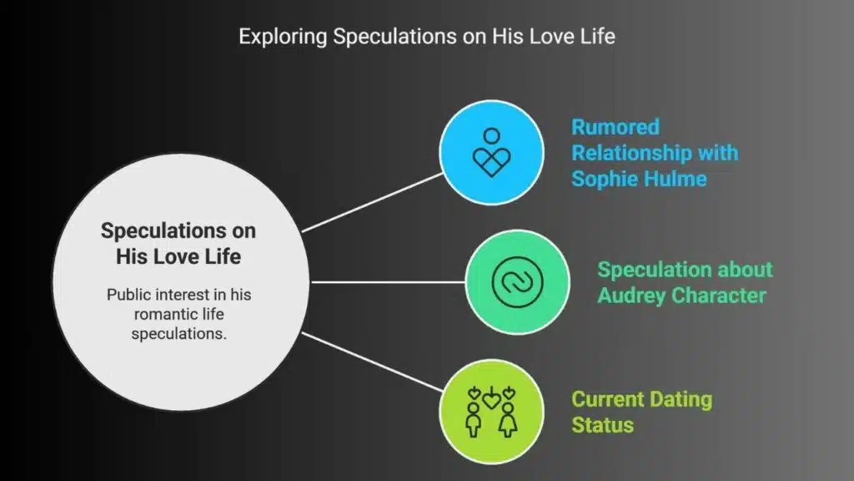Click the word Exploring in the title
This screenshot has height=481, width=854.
pos(284,37)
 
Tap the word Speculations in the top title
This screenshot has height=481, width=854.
pos(394,37)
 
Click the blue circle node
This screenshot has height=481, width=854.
pos(491,152)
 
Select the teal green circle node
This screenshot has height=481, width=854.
pos(517,282)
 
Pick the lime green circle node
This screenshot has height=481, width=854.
pos(491,412)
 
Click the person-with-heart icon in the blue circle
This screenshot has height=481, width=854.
pos(491,152)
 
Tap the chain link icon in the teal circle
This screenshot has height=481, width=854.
pos(517,282)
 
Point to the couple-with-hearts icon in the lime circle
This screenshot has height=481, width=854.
pos(491,412)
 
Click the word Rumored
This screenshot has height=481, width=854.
pos(615,127)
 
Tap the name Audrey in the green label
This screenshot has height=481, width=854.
pos(632,296)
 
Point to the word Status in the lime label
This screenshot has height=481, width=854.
pos(602,425)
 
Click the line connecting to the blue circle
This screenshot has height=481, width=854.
pos(373,203)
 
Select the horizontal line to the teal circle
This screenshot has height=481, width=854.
pos(388,282)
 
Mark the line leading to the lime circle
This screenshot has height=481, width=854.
pos(373,362)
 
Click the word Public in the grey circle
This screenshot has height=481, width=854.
pos(127,295)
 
